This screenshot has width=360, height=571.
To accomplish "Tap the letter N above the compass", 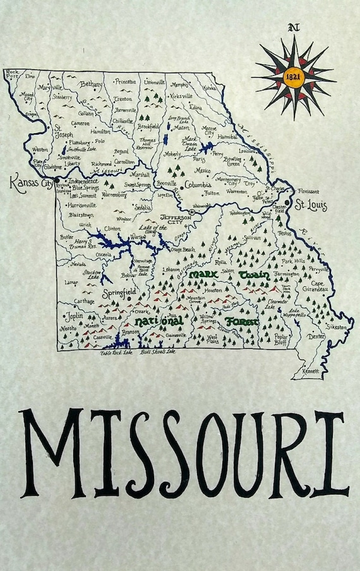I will pos(292,27).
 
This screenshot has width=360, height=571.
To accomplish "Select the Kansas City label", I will pos(30,183).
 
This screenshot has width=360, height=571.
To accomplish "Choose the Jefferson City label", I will pos(174,219).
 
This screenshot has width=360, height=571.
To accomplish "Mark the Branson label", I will pos(130,332).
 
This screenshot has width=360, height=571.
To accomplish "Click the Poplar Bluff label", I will pos(281,339).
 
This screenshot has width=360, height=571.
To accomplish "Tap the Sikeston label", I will pos(336,327).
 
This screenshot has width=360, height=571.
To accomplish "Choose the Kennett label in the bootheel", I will pos(311,371).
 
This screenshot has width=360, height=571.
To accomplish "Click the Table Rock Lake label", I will pos(116,352).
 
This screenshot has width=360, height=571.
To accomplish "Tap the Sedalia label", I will pos(142,207).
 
